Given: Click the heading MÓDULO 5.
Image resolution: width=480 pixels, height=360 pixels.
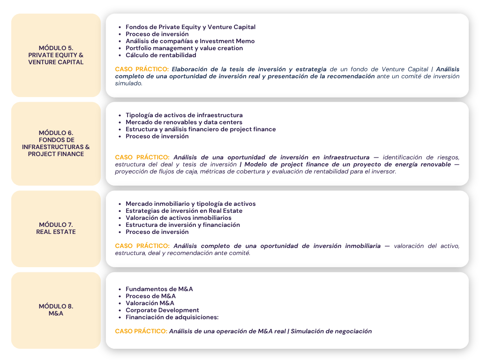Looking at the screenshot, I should (x=56, y=48).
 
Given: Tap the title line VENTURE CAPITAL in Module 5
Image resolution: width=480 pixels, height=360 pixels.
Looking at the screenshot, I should (x=56, y=62).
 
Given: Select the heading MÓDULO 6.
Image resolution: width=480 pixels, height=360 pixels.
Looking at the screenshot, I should (x=56, y=133).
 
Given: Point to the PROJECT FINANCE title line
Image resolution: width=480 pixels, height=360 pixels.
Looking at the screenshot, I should (x=56, y=154).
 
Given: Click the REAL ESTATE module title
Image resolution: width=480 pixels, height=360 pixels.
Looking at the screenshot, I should (x=56, y=232).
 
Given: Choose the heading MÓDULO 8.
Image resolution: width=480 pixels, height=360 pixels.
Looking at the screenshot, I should (x=56, y=306).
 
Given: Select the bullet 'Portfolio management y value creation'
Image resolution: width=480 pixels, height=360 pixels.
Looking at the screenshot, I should (x=184, y=48).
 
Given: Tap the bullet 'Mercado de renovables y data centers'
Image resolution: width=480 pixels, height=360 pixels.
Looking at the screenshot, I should (x=184, y=122).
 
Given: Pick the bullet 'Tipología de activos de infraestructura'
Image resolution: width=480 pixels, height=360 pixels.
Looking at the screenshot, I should (x=184, y=115).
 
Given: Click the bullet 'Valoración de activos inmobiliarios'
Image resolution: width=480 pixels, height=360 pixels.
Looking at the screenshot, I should (x=178, y=218).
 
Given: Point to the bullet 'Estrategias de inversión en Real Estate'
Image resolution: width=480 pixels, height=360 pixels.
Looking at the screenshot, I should (x=184, y=211).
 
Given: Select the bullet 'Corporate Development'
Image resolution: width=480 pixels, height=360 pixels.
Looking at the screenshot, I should (x=162, y=310).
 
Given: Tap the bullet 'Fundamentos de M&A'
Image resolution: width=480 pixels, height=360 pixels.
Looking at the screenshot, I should (x=159, y=289).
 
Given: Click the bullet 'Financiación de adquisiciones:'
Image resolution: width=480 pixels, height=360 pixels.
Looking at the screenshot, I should (x=172, y=317).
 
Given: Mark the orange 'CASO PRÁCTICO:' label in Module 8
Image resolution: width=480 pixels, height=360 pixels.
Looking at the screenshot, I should (x=141, y=331).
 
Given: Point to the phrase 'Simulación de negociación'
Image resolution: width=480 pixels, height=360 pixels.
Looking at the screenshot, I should (x=331, y=331).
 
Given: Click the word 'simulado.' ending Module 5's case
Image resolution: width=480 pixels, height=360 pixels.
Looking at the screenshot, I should (x=128, y=83).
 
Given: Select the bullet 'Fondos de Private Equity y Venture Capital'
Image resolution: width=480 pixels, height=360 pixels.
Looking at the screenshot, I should (x=190, y=27).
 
